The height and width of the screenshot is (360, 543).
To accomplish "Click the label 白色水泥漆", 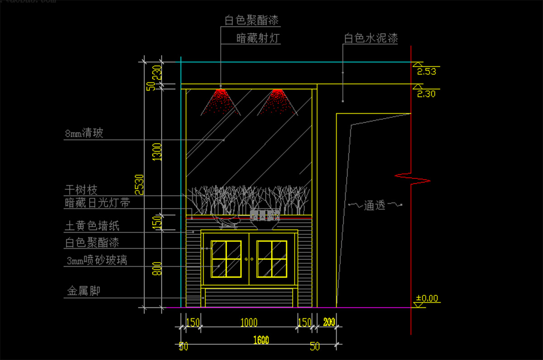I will coord(371,38).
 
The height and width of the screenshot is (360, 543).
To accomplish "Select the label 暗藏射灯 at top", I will coord(258,38).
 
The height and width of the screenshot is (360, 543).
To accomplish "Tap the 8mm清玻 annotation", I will coord(84,134).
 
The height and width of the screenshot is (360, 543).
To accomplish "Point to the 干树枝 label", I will coord(81,189).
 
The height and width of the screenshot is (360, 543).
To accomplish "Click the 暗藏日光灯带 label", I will coord(98,203).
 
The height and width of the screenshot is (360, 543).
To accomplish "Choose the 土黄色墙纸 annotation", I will coord(92,226).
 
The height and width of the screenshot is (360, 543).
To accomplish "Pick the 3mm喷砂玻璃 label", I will coord(96,260).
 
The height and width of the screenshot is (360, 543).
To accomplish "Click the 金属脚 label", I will coord(83,291).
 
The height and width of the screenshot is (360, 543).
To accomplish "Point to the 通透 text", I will coord(374,206).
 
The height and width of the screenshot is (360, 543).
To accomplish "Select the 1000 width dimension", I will coord(248,322).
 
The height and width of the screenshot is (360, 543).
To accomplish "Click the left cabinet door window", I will coord(226,259).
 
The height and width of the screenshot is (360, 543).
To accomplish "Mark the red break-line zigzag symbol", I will coord(412,178).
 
